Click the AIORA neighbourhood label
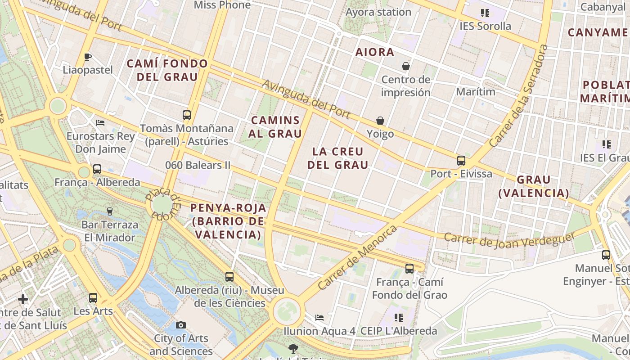tap(374, 52)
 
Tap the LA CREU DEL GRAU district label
tap(337, 158)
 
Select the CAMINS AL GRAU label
tap(275, 127)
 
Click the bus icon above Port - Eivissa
tap(461, 160)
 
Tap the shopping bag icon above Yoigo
tap(380, 121)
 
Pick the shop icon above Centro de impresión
tap(405, 66)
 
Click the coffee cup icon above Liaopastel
tap(88, 57)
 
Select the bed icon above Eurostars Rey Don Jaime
tap(100, 122)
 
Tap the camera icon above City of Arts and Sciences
tap(181, 325)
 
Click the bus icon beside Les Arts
tap(93, 297)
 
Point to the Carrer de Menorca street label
tap(357, 257)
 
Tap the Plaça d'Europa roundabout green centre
tap(162, 205)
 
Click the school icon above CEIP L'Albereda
tap(398, 318)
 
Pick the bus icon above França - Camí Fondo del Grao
tap(409, 269)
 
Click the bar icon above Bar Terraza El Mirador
tap(109, 211)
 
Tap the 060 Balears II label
tap(198, 165)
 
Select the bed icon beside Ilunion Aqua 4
tap(319, 318)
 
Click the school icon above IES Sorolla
tap(485, 13)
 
